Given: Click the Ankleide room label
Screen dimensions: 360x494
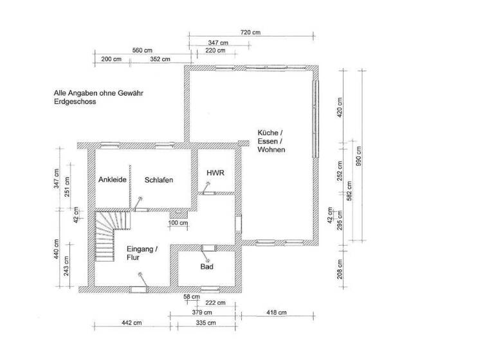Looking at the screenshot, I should pyautogui.click(x=112, y=180).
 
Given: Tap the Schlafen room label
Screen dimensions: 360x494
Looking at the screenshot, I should pyautogui.click(x=159, y=180).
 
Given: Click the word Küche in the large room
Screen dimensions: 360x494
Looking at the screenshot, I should pyautogui.click(x=270, y=132).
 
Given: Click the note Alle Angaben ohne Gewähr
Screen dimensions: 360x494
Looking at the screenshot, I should pyautogui.click(x=98, y=93).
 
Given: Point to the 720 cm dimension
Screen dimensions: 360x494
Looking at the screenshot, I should pyautogui.click(x=250, y=32).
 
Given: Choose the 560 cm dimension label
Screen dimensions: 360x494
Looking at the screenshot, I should pyautogui.click(x=142, y=50).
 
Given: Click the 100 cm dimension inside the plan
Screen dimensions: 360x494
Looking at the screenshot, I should pyautogui.click(x=178, y=223).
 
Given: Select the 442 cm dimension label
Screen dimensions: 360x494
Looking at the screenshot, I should pyautogui.click(x=131, y=322).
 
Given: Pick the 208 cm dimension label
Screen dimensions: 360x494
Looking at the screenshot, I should pyautogui.click(x=339, y=268).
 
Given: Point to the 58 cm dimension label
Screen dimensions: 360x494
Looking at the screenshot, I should pyautogui.click(x=190, y=296).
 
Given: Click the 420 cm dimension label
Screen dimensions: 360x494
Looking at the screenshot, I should pyautogui.click(x=339, y=105).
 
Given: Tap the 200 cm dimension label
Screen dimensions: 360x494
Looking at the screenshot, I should pyautogui.click(x=111, y=59).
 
